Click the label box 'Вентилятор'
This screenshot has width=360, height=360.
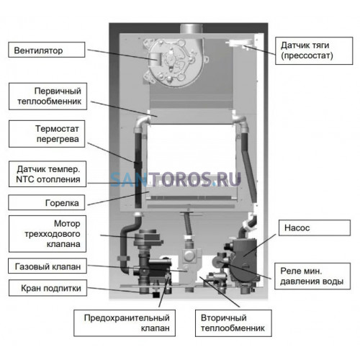tap(47, 50)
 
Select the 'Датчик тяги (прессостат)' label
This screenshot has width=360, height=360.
tap(314, 50)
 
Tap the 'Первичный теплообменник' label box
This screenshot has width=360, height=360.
tap(48, 96)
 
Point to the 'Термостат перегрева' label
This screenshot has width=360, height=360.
tap(47, 134)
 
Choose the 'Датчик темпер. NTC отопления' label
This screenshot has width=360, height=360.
tap(48, 174)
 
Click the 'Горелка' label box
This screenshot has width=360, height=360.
tap(47, 202)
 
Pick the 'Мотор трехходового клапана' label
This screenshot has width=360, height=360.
tap(48, 234)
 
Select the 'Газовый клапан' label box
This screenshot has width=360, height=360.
tap(48, 266)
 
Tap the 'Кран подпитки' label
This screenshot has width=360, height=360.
tap(48, 288)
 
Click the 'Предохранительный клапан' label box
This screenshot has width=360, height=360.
tap(125, 323)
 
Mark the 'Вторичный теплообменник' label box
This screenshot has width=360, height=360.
tap(233, 323)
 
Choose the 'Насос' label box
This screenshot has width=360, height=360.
tap(315, 228)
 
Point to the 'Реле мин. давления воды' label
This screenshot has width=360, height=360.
tap(312, 276)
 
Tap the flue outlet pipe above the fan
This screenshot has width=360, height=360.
tap(192, 29)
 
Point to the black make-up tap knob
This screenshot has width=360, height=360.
tap(156, 294)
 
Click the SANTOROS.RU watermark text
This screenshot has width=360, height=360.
tap(176, 179)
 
